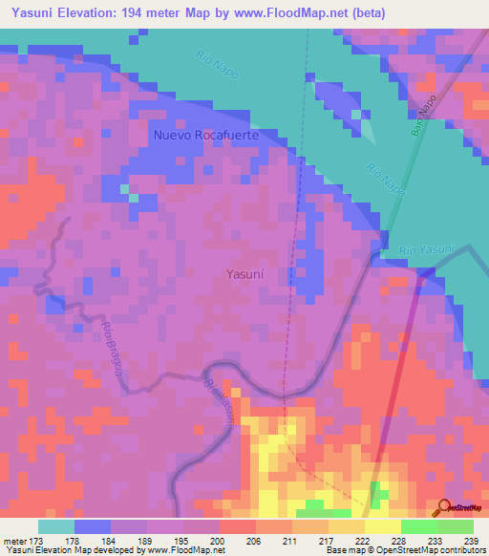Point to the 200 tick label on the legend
click(219, 541)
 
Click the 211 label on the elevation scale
click(291, 541)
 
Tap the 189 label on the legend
click(146, 541)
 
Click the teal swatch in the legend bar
click(56, 526)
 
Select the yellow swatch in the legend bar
click(382, 526)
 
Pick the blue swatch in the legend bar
click(93, 526)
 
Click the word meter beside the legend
click(15, 541)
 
